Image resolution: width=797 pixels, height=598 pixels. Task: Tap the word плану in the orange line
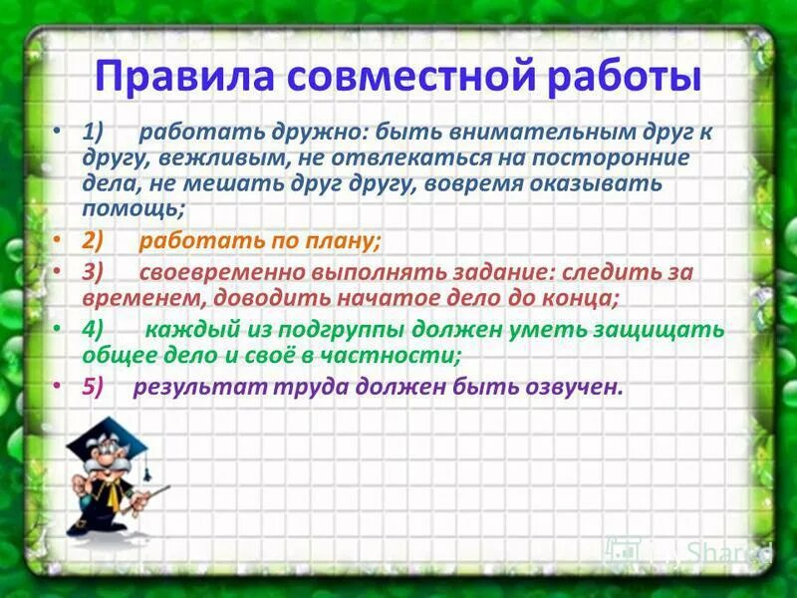tap(342, 241)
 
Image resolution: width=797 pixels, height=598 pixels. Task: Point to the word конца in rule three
tap(577, 297)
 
